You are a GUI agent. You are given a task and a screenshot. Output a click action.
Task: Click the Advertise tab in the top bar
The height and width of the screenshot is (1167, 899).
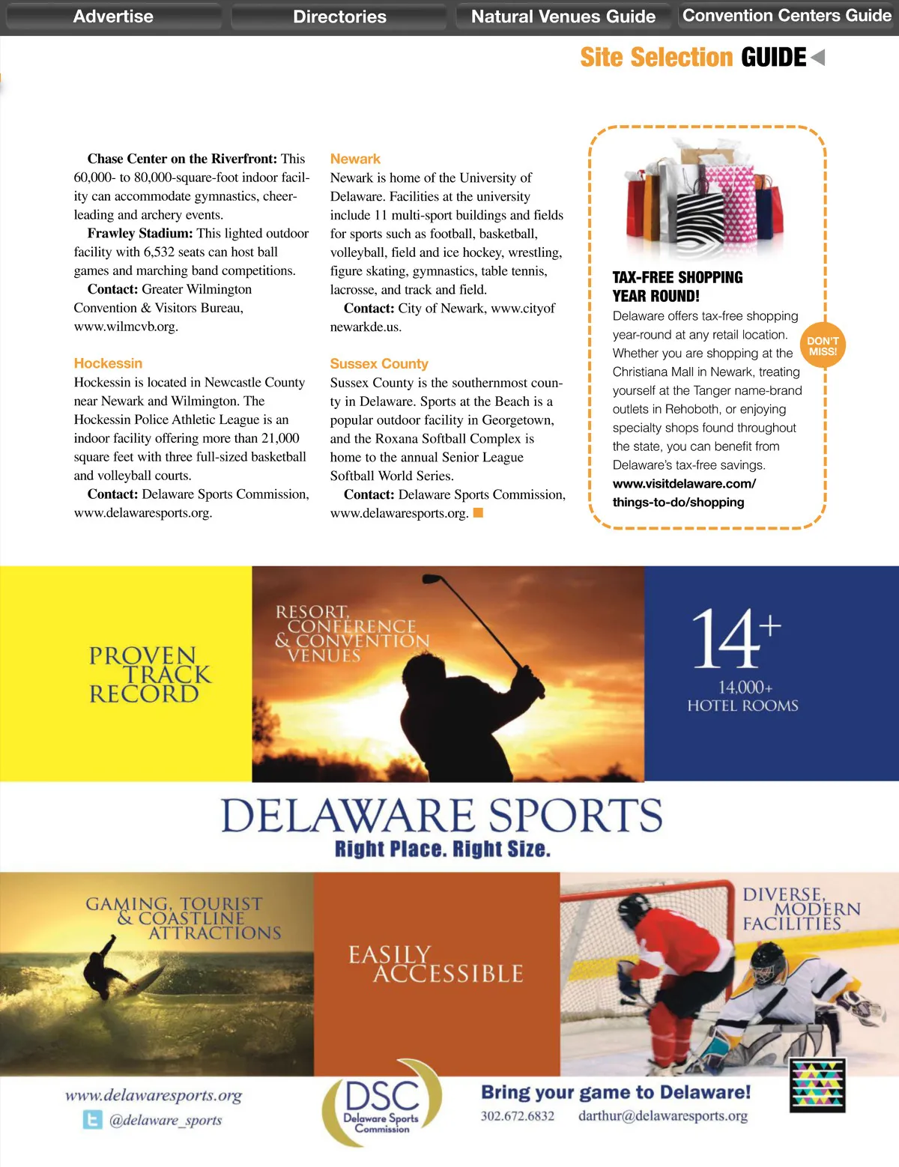tap(113, 16)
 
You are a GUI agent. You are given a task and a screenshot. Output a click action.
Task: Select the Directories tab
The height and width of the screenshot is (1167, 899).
tap(339, 16)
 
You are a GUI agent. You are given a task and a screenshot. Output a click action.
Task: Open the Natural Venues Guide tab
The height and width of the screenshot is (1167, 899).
tap(563, 16)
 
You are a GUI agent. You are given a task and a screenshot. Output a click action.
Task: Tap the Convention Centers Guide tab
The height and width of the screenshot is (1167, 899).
tap(787, 16)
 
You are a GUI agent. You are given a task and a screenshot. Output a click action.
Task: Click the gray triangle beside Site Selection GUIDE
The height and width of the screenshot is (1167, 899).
tap(818, 58)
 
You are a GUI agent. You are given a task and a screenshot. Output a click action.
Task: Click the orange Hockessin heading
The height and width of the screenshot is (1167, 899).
tap(108, 363)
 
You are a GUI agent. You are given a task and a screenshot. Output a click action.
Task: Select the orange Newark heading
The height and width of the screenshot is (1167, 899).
tap(355, 159)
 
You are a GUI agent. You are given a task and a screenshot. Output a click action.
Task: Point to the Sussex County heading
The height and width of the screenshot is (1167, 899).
tap(379, 363)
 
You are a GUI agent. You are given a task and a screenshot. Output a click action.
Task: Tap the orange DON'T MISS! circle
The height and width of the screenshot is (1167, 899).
tap(823, 346)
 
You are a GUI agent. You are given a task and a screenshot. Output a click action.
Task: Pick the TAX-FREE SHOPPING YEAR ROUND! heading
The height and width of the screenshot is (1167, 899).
tap(677, 286)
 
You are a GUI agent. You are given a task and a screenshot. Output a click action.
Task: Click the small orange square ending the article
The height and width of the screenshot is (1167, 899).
tap(478, 513)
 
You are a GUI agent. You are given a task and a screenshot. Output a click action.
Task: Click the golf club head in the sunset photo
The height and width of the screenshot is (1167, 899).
tap(432, 579)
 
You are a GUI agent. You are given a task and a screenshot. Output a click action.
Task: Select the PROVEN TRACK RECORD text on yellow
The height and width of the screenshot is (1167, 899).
tap(148, 675)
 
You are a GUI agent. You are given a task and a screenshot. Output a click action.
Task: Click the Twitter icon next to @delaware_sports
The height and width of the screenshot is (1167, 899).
tap(92, 1120)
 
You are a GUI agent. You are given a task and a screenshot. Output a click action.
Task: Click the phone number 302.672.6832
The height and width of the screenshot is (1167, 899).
tap(518, 1116)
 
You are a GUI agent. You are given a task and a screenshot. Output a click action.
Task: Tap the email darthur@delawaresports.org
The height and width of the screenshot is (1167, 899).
tap(662, 1116)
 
